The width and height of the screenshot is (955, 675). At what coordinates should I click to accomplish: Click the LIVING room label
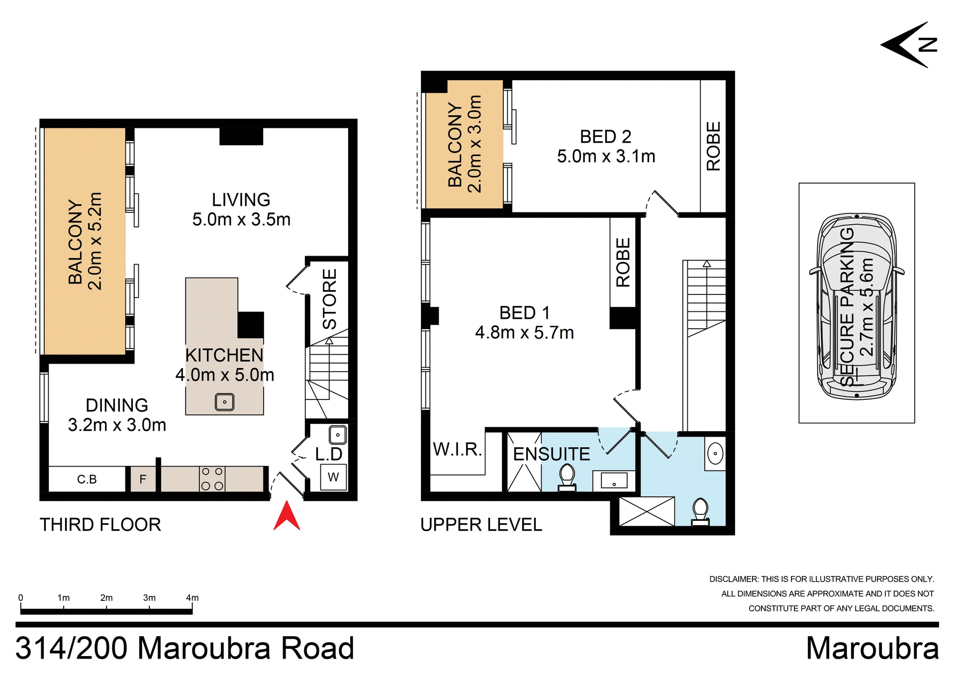pos(241,200)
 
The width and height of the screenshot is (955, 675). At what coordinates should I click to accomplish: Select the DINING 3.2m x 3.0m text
pos(117,415)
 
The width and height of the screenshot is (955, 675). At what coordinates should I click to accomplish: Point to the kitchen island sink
pos(224,402)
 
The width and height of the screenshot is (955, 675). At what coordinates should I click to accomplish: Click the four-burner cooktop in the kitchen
pos(212,479)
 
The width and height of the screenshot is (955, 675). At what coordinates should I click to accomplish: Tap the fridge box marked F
pos(143,480)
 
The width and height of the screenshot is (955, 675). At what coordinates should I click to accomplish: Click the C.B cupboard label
pos(87,480)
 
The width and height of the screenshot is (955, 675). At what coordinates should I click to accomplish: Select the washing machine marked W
pos(333,477)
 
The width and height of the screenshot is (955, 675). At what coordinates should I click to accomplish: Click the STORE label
pos(330,299)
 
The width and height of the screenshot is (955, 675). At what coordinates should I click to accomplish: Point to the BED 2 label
pos(605,137)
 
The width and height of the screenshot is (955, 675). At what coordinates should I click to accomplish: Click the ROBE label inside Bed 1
pos(623,263)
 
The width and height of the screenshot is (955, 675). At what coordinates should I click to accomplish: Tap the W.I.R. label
pos(457,450)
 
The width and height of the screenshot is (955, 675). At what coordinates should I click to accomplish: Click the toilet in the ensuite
pos(567,478)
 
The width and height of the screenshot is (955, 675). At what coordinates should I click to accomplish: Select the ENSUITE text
pos(551,454)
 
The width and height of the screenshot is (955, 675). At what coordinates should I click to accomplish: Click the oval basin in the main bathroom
pos(715,454)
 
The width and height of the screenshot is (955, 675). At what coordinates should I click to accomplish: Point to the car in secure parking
pos(857,306)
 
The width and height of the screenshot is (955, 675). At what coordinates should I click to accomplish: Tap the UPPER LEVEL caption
pos(481,525)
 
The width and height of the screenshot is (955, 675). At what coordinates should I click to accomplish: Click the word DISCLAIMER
pos(734,579)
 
